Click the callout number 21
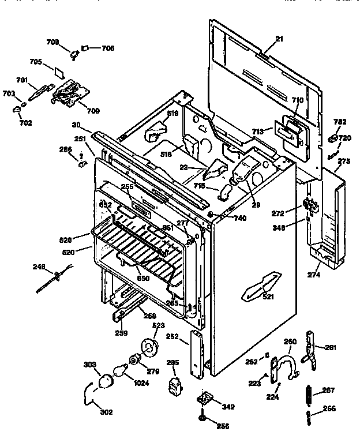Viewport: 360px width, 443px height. click(x=279, y=39)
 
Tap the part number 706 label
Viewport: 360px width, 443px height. click(x=107, y=48)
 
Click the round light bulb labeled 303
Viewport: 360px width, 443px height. click(x=107, y=380)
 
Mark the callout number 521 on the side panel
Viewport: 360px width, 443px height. click(x=268, y=296)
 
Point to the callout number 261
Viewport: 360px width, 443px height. click(x=330, y=347)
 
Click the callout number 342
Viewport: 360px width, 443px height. click(x=228, y=407)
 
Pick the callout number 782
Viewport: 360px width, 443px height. click(x=340, y=122)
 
